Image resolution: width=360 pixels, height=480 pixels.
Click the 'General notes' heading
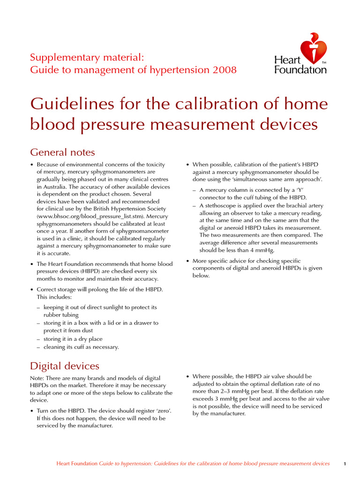[62, 152]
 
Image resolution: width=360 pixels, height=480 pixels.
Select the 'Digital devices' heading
[64, 366]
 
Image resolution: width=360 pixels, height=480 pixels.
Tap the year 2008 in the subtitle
[225, 70]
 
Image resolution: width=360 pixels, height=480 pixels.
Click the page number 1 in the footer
[345, 464]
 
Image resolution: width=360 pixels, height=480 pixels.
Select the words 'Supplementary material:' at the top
[87, 58]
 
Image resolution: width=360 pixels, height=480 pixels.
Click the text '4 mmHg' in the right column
[263, 250]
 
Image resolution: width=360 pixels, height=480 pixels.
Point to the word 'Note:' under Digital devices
[37, 378]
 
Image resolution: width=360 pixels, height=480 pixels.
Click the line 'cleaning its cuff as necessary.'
[81, 347]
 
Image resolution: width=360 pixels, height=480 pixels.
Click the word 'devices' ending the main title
[285, 125]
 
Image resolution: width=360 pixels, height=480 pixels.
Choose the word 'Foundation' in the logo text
[300, 70]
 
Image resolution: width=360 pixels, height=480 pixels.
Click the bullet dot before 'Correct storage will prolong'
[32, 290]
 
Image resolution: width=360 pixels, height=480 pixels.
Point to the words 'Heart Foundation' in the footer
[77, 464]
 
